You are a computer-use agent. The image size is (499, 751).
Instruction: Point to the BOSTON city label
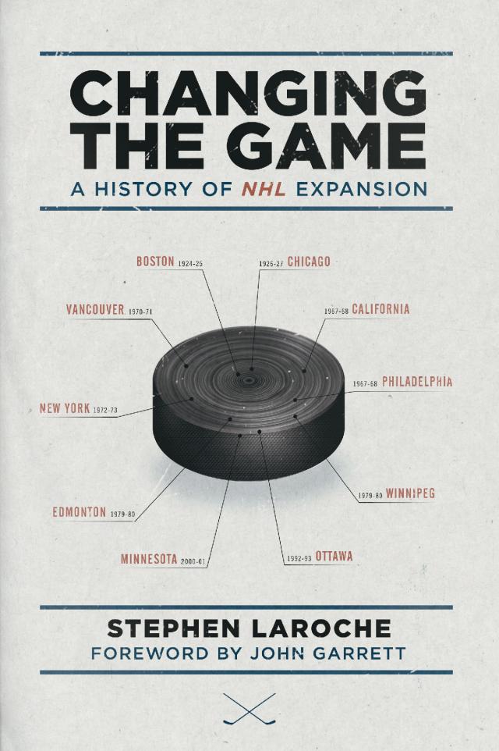click(155, 262)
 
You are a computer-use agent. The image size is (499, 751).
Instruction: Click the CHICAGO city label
click(309, 262)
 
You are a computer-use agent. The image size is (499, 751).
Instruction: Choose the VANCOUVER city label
click(95, 310)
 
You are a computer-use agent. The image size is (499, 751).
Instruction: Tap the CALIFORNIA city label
click(380, 309)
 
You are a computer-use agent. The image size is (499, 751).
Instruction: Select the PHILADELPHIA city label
click(417, 383)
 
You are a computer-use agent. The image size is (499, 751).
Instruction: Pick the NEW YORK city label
click(65, 408)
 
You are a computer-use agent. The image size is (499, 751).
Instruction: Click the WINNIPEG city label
click(410, 493)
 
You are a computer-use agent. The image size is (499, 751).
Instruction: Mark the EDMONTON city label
click(80, 513)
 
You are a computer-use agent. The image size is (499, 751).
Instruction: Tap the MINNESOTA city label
click(149, 559)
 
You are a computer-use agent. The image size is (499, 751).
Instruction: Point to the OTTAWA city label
click(334, 557)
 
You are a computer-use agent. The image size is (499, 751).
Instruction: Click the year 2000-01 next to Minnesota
click(192, 561)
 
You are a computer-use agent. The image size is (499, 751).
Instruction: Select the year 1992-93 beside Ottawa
click(299, 558)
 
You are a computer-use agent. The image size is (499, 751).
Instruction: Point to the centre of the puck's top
click(249, 380)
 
